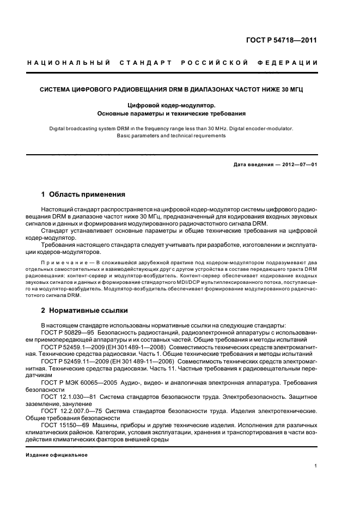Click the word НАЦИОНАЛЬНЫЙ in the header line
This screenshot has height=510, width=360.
[68, 63]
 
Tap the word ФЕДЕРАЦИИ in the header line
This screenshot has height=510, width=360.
[293, 63]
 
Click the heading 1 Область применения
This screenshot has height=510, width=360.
[83, 195]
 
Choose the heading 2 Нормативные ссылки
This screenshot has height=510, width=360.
[84, 311]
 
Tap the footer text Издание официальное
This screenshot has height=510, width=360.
[57, 454]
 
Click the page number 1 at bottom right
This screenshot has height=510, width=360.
[316, 465]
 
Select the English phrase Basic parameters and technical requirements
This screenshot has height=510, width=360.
[171, 136]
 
